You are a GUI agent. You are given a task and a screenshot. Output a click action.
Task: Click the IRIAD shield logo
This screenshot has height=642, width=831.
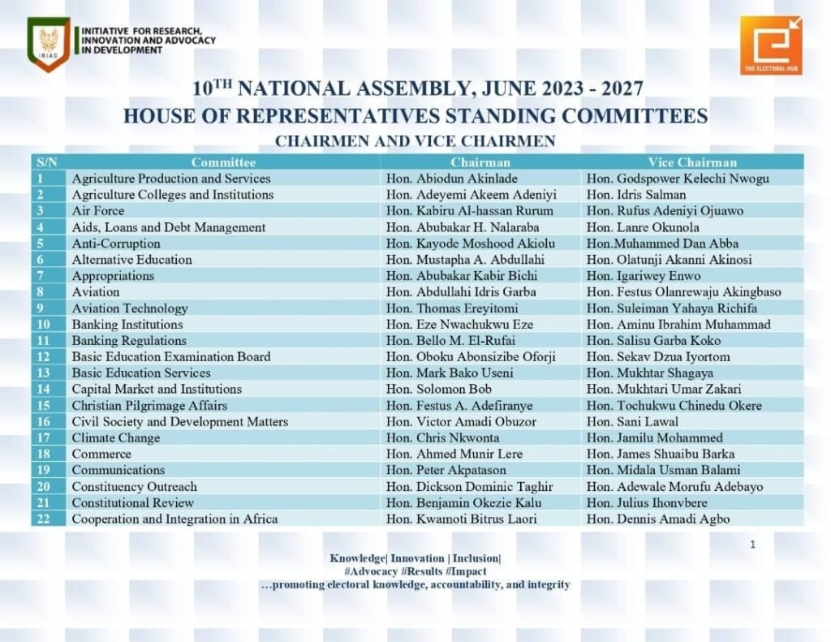pos(49,45)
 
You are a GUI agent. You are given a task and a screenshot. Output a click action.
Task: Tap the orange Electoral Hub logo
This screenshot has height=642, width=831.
pos(770,45)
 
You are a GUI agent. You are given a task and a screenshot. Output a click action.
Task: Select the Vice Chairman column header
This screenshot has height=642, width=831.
pos(692,162)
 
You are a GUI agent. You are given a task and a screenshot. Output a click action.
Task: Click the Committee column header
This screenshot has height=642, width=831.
pos(223,162)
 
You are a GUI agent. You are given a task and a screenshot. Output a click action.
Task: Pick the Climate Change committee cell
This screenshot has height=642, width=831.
pos(116,438)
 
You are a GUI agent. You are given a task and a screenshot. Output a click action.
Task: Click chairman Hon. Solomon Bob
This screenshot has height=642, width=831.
pos(439,390)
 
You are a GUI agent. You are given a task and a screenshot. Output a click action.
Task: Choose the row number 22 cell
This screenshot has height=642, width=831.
pos(41,519)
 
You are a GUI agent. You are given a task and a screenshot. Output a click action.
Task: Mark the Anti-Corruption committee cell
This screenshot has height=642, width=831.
pos(116,243)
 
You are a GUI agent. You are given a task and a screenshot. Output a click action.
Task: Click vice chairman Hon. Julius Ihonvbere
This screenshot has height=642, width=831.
pos(648,503)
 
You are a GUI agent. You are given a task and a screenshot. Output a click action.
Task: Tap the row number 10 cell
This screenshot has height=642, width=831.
pos(41,325)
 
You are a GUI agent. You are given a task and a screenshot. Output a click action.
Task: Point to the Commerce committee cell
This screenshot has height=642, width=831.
pos(101,455)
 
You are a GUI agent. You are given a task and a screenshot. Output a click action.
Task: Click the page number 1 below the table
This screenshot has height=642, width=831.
pos(752,545)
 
